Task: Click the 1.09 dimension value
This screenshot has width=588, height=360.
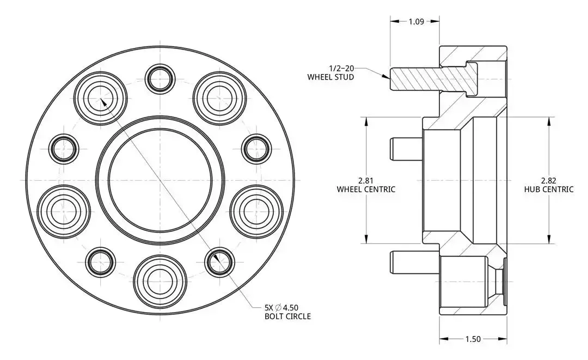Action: coord(416,22)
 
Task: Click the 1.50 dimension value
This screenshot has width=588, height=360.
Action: coord(473,339)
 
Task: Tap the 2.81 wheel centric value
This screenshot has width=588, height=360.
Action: coord(366,180)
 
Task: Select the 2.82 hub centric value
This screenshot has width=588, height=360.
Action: coord(549,180)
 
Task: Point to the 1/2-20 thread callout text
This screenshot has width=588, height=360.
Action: coord(341,68)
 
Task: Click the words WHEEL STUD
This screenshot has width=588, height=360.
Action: coord(330,77)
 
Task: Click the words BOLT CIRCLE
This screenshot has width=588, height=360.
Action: coord(287,316)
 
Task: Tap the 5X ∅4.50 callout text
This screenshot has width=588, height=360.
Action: coord(281,308)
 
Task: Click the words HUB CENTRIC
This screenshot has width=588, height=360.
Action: coord(549,190)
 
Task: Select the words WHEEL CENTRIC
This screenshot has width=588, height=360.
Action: coord(366,190)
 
